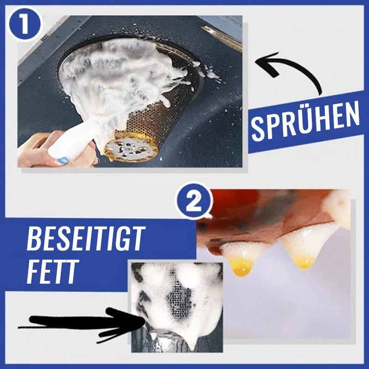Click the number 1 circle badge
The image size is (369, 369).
(x=24, y=24)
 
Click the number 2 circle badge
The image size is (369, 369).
(x=194, y=201)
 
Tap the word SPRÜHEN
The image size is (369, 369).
(x=305, y=122)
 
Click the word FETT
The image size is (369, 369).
(x=53, y=272)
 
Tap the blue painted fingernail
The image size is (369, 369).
(x=63, y=161)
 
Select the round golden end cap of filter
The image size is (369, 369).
(x=131, y=148)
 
